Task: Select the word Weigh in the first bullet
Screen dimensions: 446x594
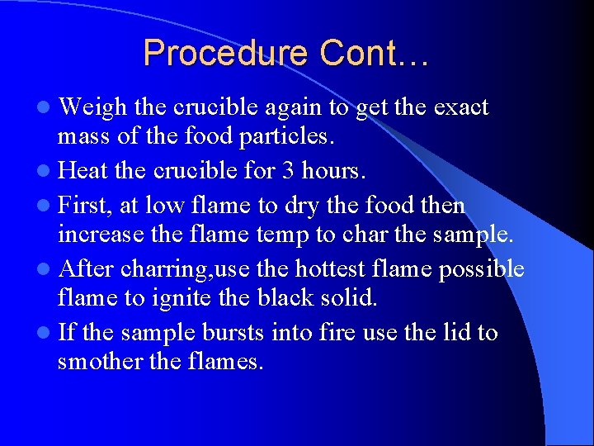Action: click(x=93, y=108)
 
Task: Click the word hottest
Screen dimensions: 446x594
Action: click(x=334, y=269)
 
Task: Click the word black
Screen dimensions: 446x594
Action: click(x=290, y=298)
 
